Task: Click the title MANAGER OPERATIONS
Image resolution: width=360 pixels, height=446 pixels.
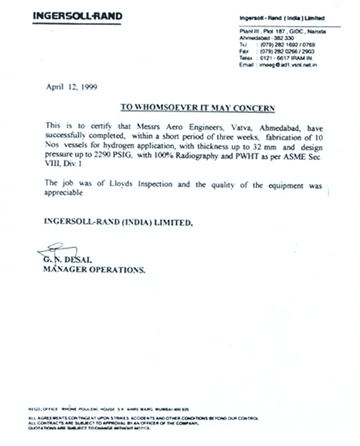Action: tap(94, 269)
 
